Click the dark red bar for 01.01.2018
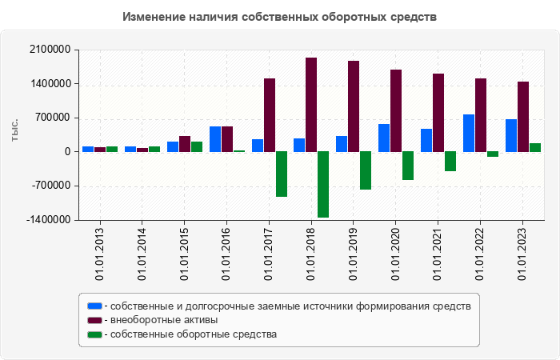[311, 104]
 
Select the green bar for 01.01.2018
[323, 184]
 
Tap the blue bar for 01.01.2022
[468, 133]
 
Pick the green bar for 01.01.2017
[282, 174]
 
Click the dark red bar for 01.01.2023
[523, 116]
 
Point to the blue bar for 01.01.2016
[215, 138]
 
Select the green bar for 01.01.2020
[408, 166]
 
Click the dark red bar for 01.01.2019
[354, 106]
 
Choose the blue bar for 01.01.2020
[384, 138]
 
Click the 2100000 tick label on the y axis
[49, 50]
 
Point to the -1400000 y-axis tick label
[47, 220]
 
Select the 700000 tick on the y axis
[52, 118]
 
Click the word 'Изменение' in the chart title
[152, 17]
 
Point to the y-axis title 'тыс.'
[14, 131]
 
